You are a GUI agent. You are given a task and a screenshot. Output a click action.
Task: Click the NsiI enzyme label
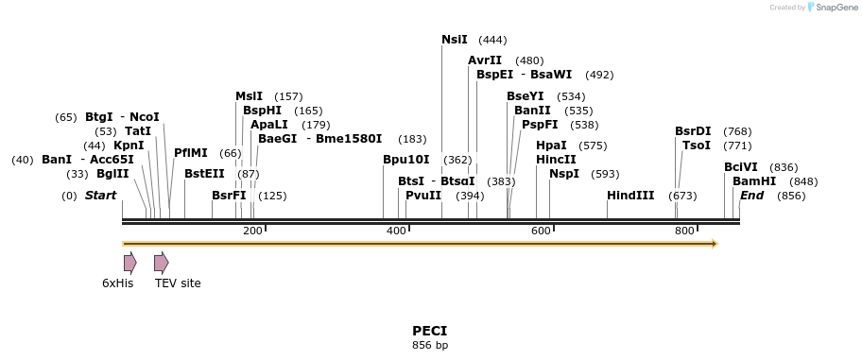455,40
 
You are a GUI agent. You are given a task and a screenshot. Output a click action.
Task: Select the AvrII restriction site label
485,60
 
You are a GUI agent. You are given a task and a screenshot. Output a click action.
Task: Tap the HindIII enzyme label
630,196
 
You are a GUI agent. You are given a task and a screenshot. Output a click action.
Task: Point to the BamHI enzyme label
754,181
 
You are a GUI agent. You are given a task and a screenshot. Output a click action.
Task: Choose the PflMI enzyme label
191,153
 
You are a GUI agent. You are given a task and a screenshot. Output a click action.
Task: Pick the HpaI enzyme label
551,146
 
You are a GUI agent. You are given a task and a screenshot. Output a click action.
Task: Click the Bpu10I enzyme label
406,160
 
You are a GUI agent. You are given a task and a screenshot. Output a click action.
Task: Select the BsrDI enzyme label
693,131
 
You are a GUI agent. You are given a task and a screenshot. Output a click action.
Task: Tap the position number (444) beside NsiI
492,40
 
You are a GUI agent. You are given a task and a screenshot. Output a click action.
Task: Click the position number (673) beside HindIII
682,196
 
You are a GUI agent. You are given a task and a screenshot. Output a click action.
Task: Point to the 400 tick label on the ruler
397,231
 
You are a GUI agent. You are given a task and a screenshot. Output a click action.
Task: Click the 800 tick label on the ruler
684,231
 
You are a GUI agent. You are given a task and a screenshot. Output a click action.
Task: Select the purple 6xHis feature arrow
129,263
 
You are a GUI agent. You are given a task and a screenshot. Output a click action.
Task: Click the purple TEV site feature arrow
161,263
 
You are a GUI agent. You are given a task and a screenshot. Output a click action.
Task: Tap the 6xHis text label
118,283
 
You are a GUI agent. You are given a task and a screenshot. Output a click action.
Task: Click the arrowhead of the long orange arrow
715,244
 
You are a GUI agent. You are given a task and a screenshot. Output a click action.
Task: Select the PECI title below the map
429,331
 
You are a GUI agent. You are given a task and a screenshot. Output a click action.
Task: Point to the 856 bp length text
429,346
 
